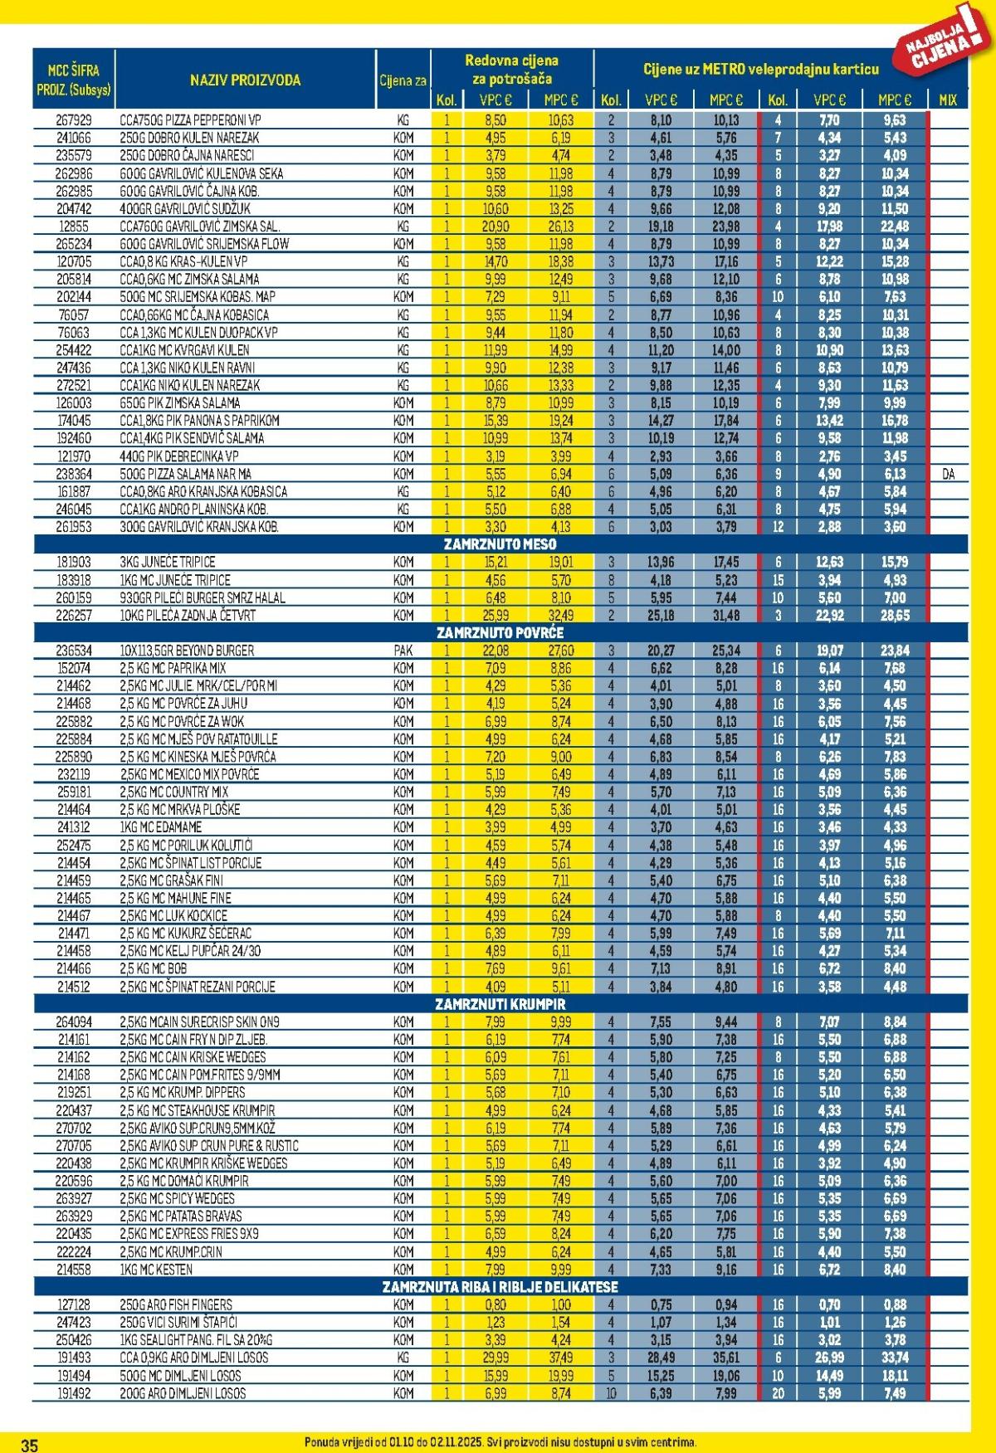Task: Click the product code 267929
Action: coord(74,120)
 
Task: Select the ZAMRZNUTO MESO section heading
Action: coord(500,544)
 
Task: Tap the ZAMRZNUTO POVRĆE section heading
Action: coord(500,633)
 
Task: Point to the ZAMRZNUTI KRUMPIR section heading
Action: coord(500,1004)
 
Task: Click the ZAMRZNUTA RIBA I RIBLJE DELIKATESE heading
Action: coord(500,1287)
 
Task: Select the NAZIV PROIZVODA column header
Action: coord(245,80)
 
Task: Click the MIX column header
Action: coord(947,100)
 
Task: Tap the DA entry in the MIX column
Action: coord(948,474)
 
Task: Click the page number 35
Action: coord(29,1445)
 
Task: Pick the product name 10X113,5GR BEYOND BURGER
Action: coord(187,651)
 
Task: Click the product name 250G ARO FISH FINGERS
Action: coord(176,1304)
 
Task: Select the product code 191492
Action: coord(74,1393)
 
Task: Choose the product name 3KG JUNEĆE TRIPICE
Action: coord(167,562)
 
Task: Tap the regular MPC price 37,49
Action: coord(560,1358)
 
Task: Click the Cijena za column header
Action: coord(403,80)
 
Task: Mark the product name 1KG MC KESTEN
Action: coord(156,1269)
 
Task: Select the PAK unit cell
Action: coord(403,651)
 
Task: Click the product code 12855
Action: coord(74,227)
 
